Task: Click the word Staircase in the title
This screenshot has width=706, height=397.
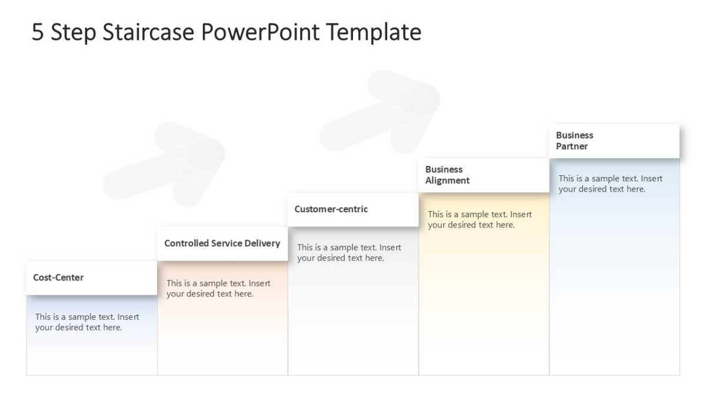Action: pos(148,32)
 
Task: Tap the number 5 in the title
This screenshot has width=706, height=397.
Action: pos(38,32)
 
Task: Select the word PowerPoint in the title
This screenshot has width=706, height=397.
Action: pos(260,32)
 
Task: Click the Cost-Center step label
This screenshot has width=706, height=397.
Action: pos(58,277)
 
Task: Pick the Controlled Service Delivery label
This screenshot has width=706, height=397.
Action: pos(222,243)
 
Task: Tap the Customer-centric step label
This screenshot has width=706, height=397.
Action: pos(331,209)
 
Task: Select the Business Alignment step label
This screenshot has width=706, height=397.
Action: pos(447,175)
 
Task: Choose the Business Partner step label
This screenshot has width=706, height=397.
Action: pos(574,141)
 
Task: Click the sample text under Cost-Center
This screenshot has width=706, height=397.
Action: pos(87,322)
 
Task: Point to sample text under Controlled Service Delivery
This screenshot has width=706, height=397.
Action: pos(218,288)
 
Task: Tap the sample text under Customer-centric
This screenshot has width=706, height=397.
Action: pos(349,252)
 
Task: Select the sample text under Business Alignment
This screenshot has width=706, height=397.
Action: pos(479,219)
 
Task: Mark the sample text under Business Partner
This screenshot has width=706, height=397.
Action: pos(611,184)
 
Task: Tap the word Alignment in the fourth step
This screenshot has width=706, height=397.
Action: pos(447,181)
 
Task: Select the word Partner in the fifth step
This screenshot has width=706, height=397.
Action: pos(572,146)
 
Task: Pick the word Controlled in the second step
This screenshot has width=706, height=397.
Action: pos(187,243)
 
